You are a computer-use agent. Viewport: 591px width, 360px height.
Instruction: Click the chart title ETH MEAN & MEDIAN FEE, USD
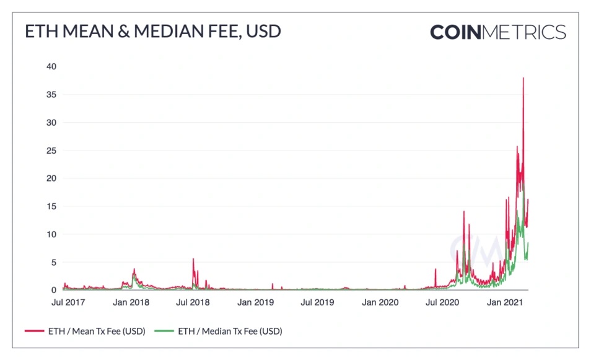pyautogui.click(x=152, y=32)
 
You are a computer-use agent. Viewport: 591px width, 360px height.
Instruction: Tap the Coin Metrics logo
pyautogui.click(x=497, y=32)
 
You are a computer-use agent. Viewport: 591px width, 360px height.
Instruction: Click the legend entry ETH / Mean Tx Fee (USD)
pyautogui.click(x=96, y=331)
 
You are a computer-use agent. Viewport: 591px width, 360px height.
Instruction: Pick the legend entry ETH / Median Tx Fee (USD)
pyautogui.click(x=230, y=331)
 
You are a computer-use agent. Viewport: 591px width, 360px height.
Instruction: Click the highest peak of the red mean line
pyautogui.click(x=523, y=78)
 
